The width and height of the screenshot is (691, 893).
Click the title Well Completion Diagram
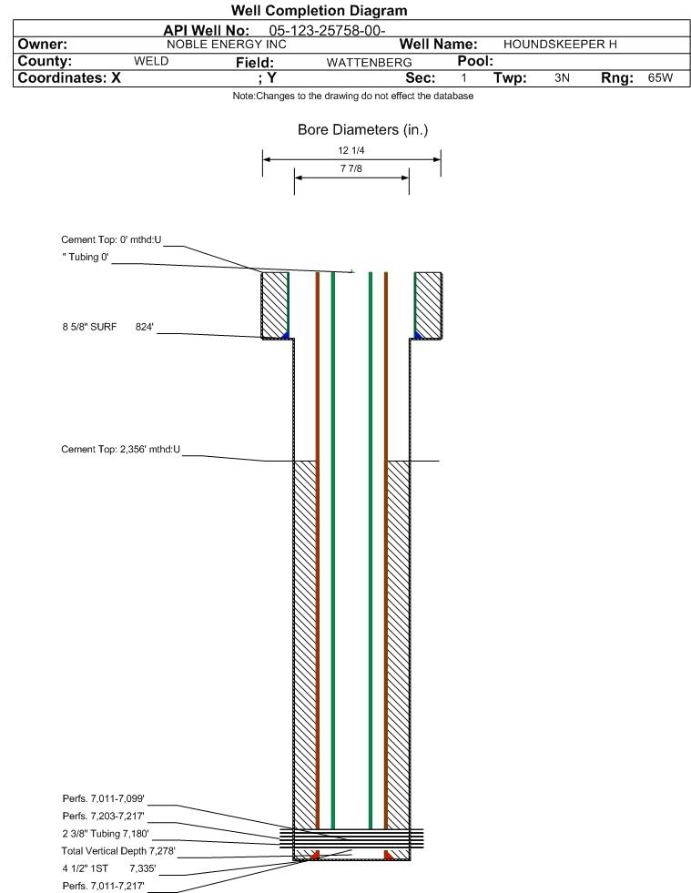[319, 11]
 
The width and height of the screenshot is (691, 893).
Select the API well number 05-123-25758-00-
[327, 31]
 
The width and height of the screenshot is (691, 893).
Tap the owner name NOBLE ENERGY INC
[227, 45]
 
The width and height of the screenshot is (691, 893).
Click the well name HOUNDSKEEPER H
[560, 45]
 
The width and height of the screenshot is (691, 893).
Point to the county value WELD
[151, 62]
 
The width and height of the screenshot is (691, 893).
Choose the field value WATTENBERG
[369, 63]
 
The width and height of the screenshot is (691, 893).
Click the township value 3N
[562, 78]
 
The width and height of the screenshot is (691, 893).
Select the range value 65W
[660, 78]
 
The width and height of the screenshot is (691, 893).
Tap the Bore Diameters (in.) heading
[363, 130]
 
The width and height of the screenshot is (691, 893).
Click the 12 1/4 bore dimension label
[351, 150]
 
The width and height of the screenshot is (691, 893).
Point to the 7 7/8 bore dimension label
[351, 168]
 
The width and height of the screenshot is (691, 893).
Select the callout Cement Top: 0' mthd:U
[111, 239]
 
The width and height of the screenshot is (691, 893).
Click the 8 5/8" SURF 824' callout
[108, 327]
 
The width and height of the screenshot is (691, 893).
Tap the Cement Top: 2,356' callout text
[120, 450]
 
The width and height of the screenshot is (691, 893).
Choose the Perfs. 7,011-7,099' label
[103, 799]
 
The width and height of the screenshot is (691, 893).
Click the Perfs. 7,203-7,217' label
[103, 817]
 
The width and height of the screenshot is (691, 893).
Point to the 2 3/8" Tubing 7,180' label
[106, 834]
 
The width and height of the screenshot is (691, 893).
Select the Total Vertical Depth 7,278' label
[118, 851]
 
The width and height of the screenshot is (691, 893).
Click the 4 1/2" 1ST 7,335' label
[109, 869]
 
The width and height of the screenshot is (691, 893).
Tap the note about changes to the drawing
[352, 96]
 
